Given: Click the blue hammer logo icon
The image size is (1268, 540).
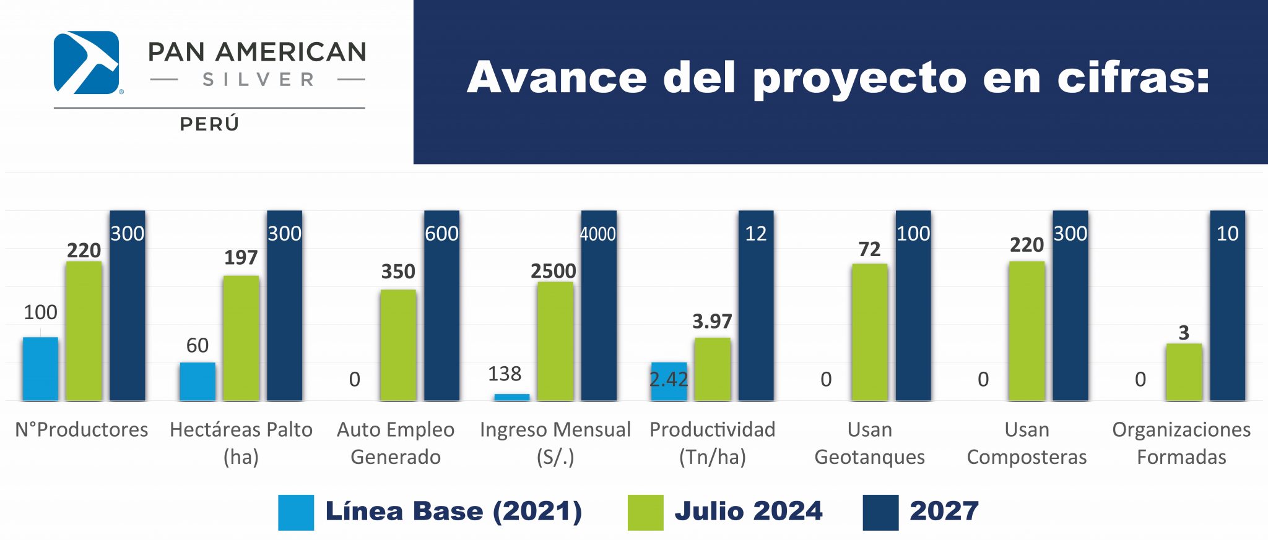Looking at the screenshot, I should pyautogui.click(x=86, y=62).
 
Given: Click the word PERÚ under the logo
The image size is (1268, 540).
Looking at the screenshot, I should pyautogui.click(x=209, y=124).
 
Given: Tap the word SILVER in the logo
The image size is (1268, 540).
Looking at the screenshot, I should pyautogui.click(x=258, y=80).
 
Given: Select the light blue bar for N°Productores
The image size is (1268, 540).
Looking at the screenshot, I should pyautogui.click(x=40, y=369).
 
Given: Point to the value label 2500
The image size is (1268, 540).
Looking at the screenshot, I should pyautogui.click(x=553, y=271).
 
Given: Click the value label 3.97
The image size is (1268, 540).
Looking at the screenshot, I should pyautogui.click(x=712, y=322).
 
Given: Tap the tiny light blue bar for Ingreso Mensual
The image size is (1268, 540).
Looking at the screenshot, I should pyautogui.click(x=511, y=397).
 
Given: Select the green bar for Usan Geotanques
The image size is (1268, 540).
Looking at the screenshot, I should pyautogui.click(x=869, y=332).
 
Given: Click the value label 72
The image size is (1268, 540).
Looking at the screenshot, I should pyautogui.click(x=869, y=249).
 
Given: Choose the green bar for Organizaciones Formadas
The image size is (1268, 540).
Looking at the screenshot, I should pyautogui.click(x=1184, y=372).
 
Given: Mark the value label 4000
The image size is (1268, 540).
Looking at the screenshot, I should pyautogui.click(x=598, y=234).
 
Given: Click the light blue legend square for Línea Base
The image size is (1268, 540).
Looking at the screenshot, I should pyautogui.click(x=296, y=512).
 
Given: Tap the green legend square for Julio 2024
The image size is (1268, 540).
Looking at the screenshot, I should pyautogui.click(x=645, y=512).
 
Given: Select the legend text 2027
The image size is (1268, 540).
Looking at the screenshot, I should pyautogui.click(x=944, y=511).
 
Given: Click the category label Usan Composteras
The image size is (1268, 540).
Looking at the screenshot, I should pyautogui.click(x=1027, y=443).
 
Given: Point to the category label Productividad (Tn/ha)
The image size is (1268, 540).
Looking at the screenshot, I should pyautogui.click(x=712, y=443).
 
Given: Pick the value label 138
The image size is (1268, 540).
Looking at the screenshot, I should pyautogui.click(x=505, y=374).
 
